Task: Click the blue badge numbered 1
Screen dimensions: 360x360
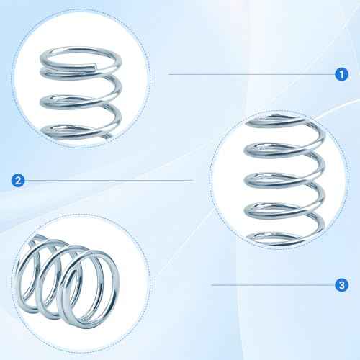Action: coord(341,73)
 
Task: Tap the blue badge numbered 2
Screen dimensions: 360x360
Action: coord(17,180)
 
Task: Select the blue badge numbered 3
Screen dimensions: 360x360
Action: coord(341,286)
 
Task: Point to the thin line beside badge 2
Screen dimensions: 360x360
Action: coord(108,180)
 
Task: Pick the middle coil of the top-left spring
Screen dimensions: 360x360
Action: coord(78,99)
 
